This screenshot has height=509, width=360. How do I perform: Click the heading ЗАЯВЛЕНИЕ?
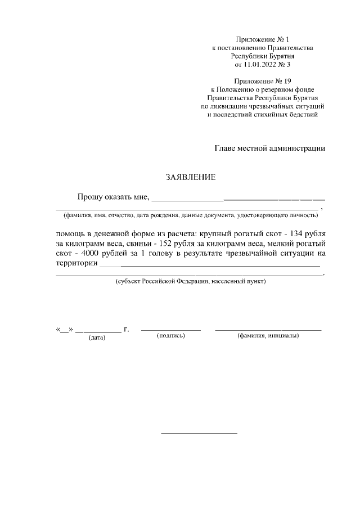[190, 177]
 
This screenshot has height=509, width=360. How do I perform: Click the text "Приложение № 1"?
[263, 39]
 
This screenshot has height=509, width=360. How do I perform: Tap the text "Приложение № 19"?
[263, 81]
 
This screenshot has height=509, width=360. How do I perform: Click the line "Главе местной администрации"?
[270, 148]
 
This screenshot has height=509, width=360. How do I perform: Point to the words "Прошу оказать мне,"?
[114, 197]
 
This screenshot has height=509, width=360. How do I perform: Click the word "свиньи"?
[135, 244]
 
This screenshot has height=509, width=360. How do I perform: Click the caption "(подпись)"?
[170, 336]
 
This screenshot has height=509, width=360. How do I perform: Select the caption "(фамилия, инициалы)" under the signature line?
[268, 336]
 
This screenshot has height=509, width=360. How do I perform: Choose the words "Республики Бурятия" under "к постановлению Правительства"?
[263, 56]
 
